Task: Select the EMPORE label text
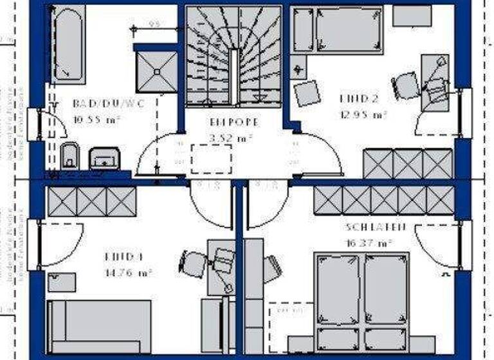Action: (x=235, y=122)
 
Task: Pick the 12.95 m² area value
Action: (x=363, y=115)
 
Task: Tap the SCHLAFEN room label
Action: (x=375, y=227)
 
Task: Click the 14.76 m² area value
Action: (x=128, y=272)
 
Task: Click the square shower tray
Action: (x=156, y=71)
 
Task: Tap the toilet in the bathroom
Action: (x=69, y=156)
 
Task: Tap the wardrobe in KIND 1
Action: (x=91, y=201)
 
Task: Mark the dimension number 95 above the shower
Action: (x=154, y=25)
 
